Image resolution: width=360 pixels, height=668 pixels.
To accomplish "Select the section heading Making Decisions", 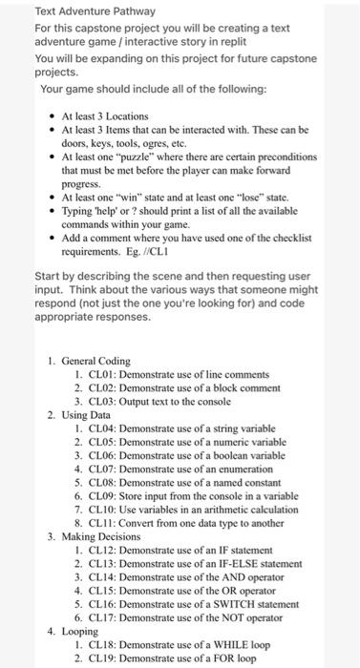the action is click(x=99, y=538).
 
